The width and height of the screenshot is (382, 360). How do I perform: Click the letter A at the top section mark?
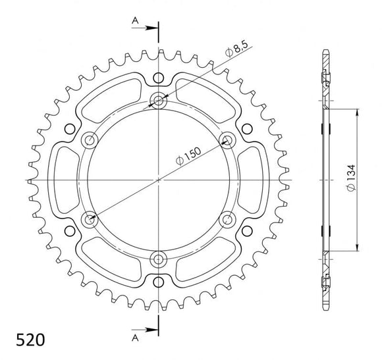pos(134,21)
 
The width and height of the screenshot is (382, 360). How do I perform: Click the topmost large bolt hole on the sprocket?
pos(159,100)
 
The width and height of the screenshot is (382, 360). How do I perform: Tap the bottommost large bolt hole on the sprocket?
pos(159,257)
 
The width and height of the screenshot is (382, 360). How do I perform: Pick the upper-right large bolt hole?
pos(227,140)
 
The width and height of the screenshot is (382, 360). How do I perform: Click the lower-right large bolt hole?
pos(227,219)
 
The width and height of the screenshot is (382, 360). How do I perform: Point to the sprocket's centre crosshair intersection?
pos(159,179)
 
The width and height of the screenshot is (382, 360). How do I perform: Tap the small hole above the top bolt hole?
pos(159,76)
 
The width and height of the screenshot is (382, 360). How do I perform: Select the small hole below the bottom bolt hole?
pos(159,282)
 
